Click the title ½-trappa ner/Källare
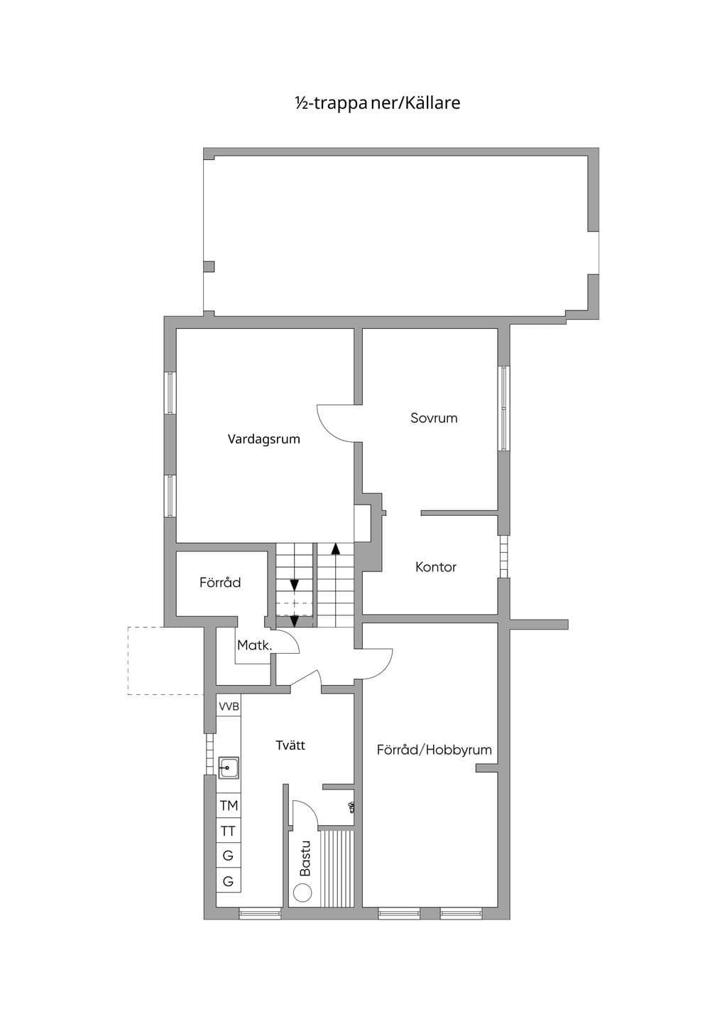click(x=377, y=102)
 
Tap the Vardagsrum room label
click(x=264, y=439)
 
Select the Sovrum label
click(x=434, y=418)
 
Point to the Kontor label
click(x=435, y=567)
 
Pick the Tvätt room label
click(x=290, y=745)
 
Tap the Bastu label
click(x=305, y=858)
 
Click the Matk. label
click(x=255, y=645)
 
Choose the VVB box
click(x=229, y=706)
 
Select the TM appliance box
click(x=229, y=805)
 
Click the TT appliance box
click(x=229, y=831)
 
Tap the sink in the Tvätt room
click(x=228, y=768)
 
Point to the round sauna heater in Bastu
click(x=302, y=893)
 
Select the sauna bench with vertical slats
click(x=337, y=868)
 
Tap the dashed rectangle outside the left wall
click(x=165, y=661)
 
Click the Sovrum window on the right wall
click(x=504, y=408)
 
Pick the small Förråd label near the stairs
click(x=220, y=583)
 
